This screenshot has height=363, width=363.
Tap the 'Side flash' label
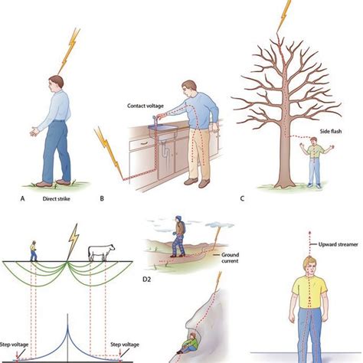pos(309,132)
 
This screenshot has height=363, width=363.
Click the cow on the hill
pos(102,251)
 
